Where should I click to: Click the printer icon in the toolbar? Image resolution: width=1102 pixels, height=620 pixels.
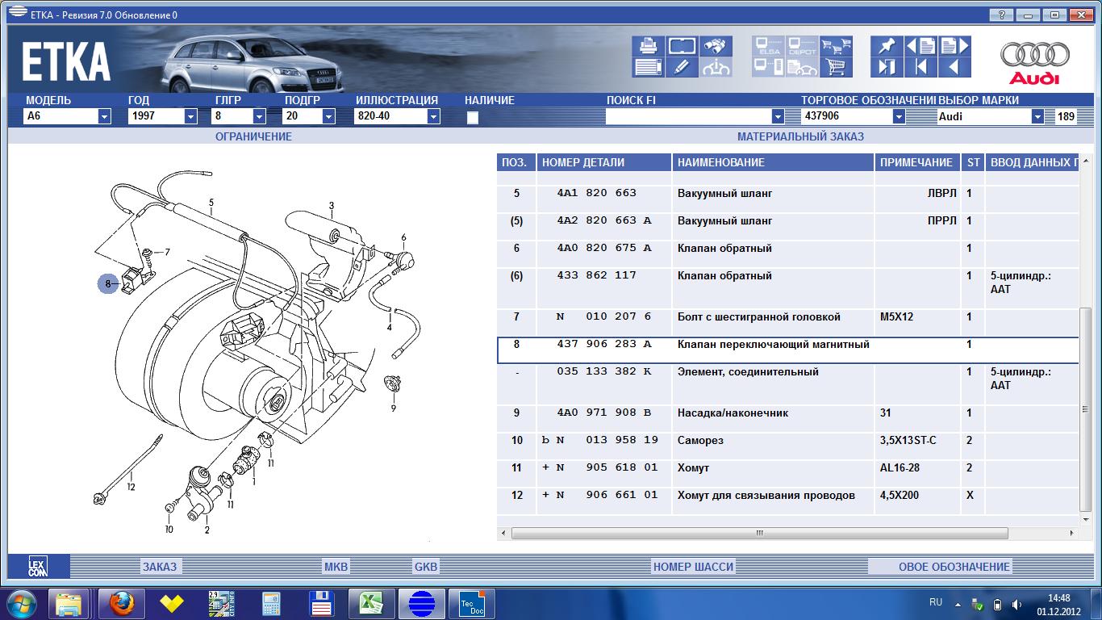tap(648, 46)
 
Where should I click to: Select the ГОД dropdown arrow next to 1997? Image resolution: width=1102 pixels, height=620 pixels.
tap(190, 117)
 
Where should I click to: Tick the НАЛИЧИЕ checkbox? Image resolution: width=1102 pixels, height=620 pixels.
tap(472, 117)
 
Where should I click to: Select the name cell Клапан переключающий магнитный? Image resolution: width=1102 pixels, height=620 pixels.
tap(773, 344)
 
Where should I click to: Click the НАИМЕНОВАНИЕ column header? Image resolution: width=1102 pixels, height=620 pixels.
tap(720, 162)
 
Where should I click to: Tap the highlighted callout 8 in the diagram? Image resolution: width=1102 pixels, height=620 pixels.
tap(108, 283)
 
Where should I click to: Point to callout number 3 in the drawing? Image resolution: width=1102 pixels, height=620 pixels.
tap(332, 205)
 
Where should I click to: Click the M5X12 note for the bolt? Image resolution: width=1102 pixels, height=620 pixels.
tap(896, 316)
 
